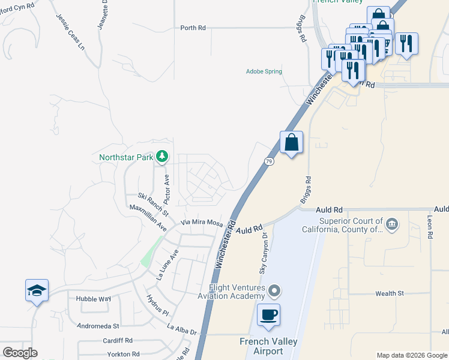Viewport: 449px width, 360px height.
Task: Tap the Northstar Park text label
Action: coord(126,158)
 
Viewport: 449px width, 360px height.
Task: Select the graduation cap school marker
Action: coord(37,291)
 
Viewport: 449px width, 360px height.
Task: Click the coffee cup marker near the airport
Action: coord(268,314)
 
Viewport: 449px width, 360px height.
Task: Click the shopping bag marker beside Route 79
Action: coord(291,143)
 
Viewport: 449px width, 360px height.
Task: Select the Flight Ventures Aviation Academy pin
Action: coord(274,292)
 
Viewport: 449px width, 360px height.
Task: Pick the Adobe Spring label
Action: coord(264,71)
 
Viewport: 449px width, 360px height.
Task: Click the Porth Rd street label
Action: coord(193,28)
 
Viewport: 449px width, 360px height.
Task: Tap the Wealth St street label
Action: coord(390,293)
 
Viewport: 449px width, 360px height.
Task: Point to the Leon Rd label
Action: coord(430,228)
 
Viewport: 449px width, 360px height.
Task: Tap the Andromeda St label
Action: coord(98,326)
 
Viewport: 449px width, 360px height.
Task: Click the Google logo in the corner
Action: coord(20,353)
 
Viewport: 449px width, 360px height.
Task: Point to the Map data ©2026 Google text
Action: coord(411,355)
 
